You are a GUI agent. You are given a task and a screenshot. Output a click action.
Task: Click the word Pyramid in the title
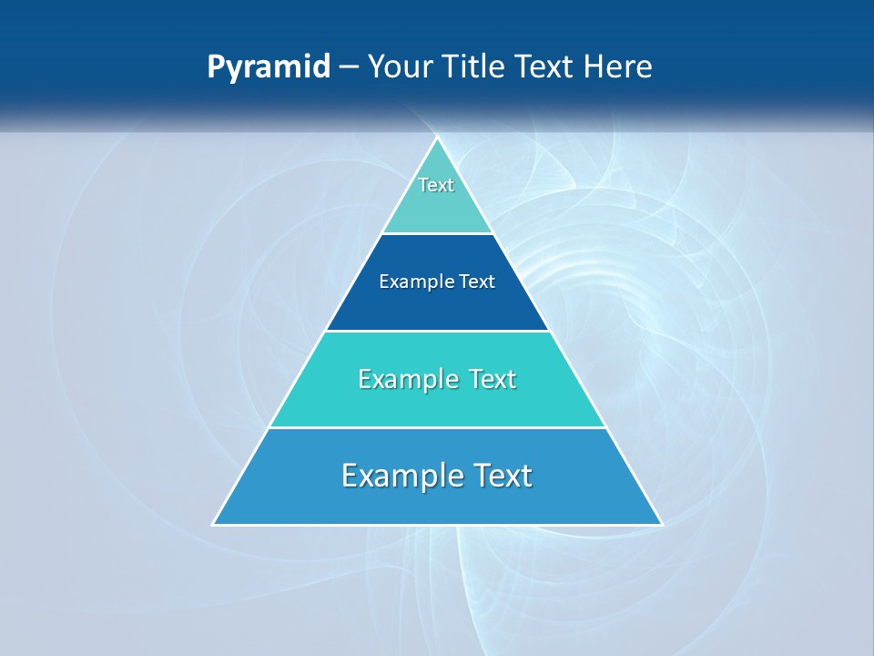(269, 67)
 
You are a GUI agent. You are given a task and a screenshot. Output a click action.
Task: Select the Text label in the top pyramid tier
(436, 185)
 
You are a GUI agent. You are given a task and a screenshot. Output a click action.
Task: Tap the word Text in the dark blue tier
(477, 282)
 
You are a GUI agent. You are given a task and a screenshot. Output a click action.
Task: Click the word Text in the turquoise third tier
(492, 379)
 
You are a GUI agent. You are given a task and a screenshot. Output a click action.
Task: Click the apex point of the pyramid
(437, 138)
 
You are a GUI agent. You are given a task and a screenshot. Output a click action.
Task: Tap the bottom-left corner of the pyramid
(213, 524)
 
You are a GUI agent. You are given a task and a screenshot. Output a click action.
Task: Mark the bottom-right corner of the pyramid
(662, 524)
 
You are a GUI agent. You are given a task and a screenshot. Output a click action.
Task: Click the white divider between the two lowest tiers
(437, 427)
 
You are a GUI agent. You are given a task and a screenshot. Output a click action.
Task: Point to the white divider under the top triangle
(437, 233)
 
